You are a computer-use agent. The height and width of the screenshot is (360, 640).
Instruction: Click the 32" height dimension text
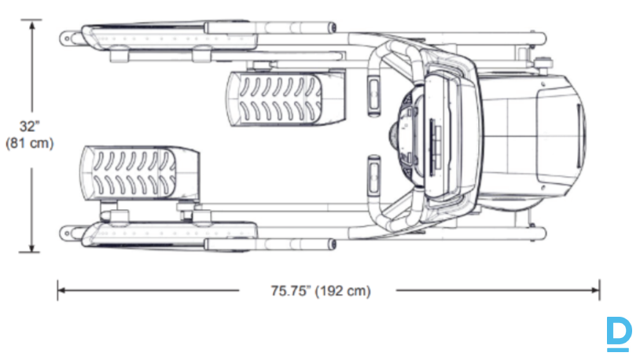pyautogui.click(x=29, y=127)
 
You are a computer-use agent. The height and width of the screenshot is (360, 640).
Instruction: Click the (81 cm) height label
pyautogui.click(x=29, y=143)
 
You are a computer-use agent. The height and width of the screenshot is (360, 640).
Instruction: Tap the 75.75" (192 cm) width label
pyautogui.click(x=321, y=291)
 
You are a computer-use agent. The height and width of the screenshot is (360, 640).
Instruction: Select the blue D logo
pyautogui.click(x=620, y=334)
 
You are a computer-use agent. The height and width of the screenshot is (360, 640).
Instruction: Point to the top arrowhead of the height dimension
pyautogui.click(x=31, y=24)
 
